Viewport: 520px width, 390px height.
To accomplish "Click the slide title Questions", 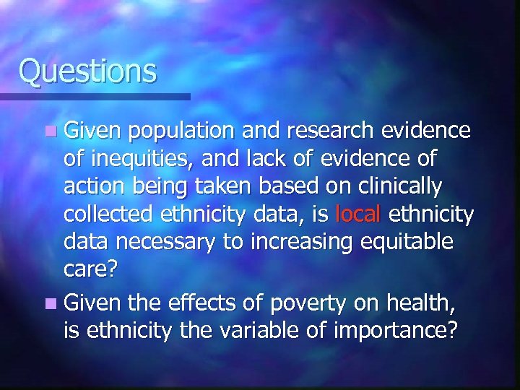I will (87, 71).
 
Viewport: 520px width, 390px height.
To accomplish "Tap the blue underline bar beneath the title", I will (95, 96).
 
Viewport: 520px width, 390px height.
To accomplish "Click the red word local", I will (359, 214).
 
